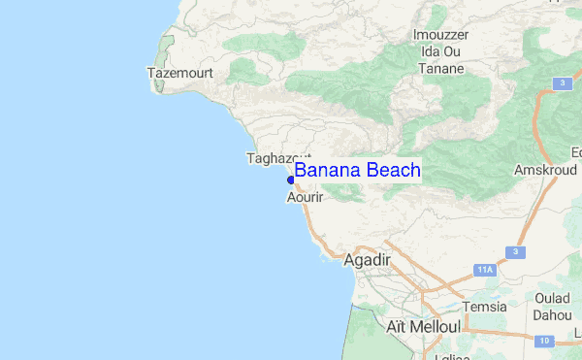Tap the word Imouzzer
(441, 36)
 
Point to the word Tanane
(441, 69)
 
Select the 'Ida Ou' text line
(441, 52)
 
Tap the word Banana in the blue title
(327, 170)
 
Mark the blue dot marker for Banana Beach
(291, 180)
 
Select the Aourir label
(305, 197)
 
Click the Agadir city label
(367, 259)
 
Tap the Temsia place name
(485, 307)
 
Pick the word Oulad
(554, 298)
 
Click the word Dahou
(553, 314)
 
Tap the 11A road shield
(486, 269)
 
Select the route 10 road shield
(545, 340)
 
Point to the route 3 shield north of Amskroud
(562, 84)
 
